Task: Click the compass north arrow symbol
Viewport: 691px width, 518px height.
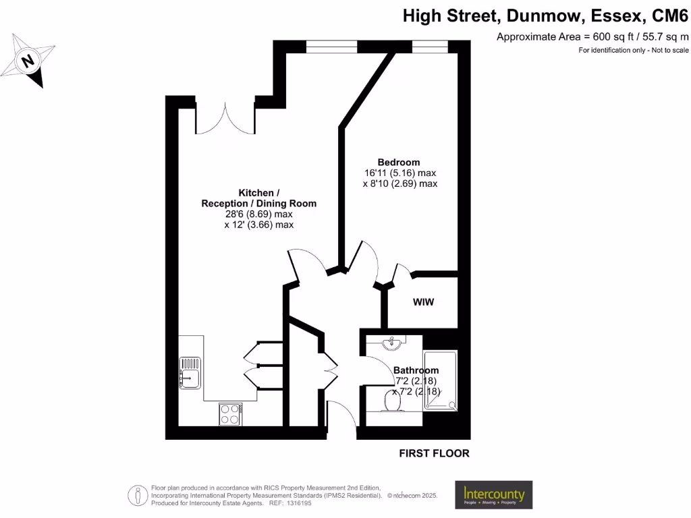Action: pos(29,61)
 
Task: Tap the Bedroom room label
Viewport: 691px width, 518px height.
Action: pos(398,162)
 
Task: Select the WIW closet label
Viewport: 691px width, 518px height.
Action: pos(423,302)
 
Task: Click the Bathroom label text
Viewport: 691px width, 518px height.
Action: pos(416,370)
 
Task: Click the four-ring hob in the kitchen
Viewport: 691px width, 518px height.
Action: pos(231,413)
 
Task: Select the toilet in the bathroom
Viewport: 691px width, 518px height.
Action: pos(390,401)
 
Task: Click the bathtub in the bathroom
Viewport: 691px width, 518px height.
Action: pos(440,380)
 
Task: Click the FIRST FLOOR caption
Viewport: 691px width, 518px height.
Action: pos(434,453)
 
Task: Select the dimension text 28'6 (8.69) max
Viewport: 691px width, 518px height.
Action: pos(258,214)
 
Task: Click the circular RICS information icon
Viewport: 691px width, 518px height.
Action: pos(139,495)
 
